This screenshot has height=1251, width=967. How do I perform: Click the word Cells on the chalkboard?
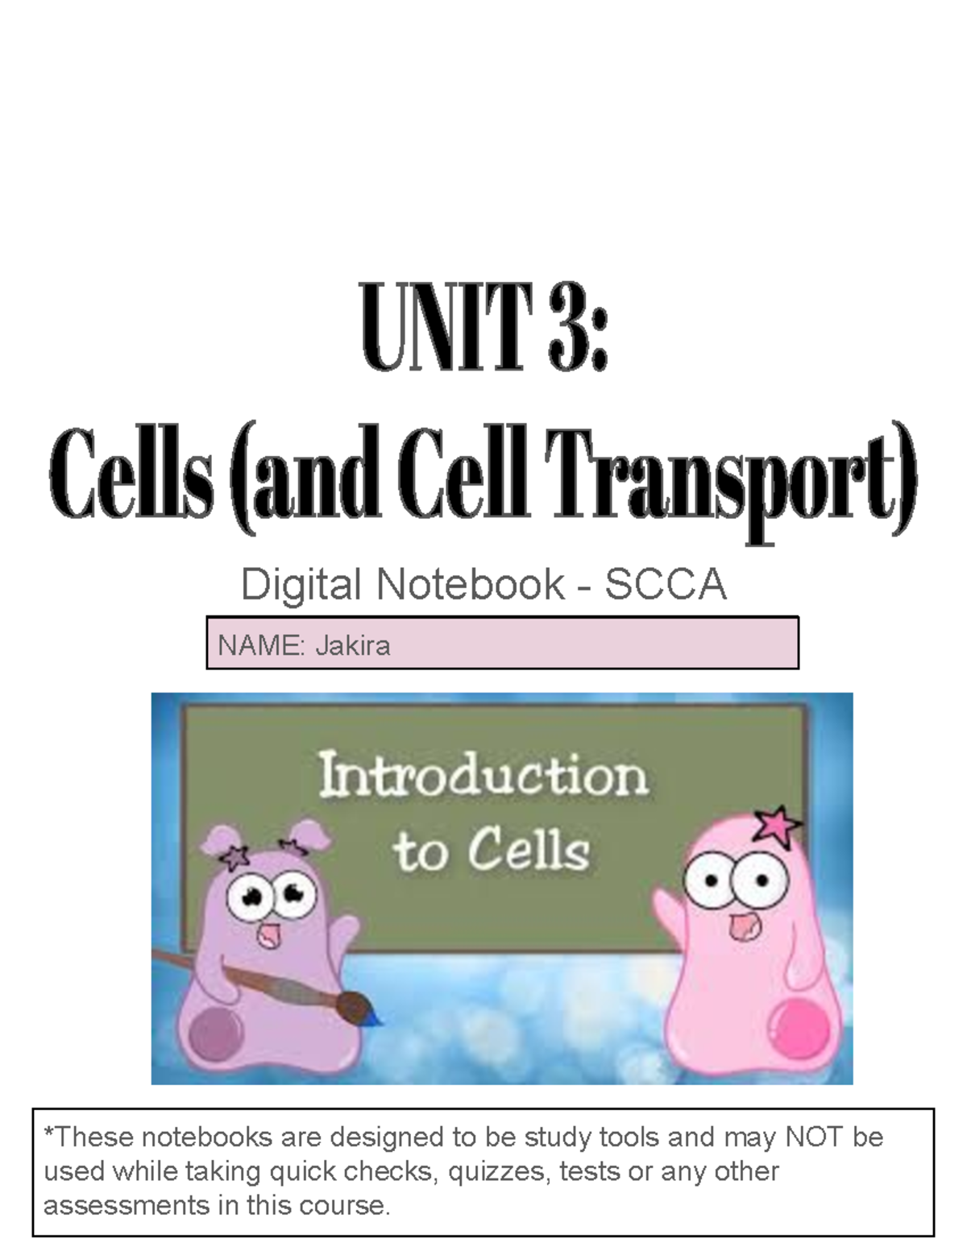point(529,851)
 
